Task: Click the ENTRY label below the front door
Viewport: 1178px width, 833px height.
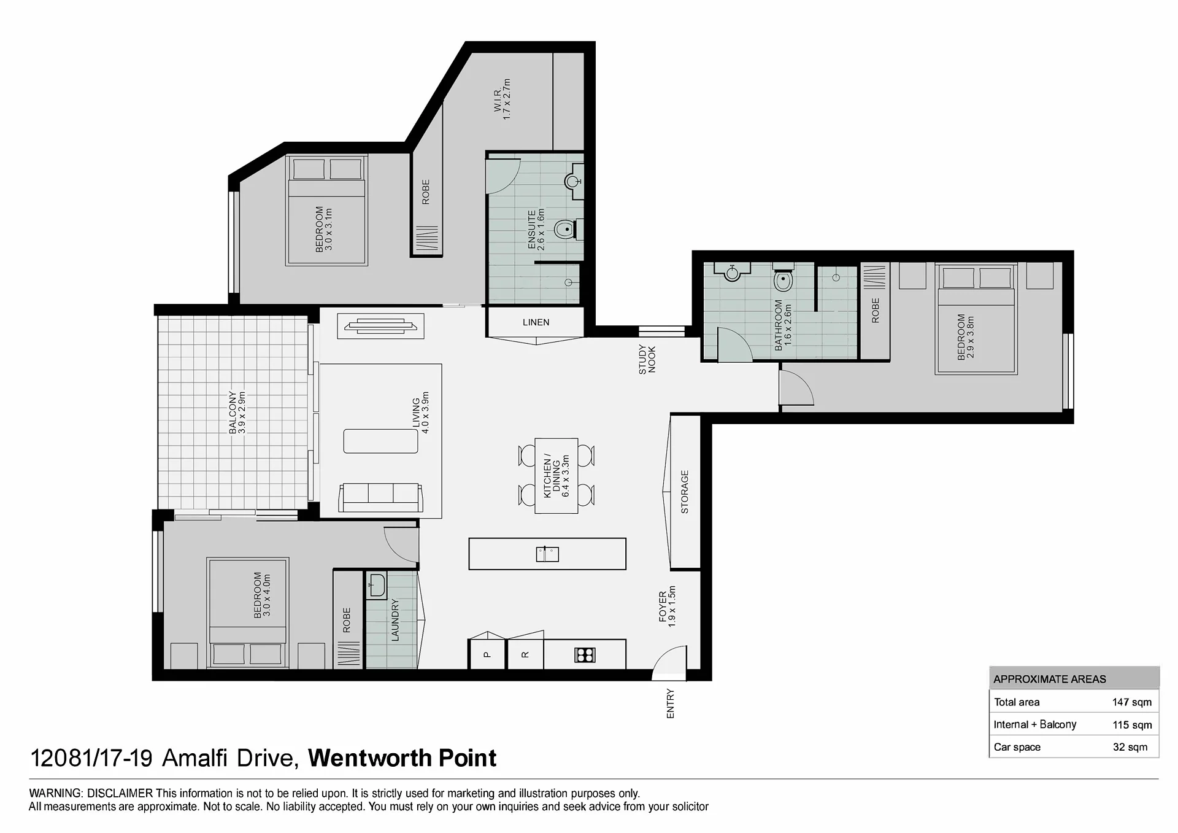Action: click(x=670, y=703)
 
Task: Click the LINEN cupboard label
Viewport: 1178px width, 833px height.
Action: click(x=536, y=322)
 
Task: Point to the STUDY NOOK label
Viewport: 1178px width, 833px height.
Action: click(x=647, y=360)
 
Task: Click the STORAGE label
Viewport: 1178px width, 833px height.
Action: click(x=685, y=492)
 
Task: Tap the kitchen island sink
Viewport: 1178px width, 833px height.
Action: click(x=547, y=554)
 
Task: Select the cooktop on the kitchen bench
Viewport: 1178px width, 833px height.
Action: click(x=585, y=655)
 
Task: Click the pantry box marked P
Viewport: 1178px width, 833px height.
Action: click(x=488, y=654)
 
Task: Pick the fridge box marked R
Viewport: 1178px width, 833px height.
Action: click(x=525, y=654)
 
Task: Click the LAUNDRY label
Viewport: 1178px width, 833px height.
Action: click(x=395, y=621)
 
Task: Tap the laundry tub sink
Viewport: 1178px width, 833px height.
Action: click(x=375, y=585)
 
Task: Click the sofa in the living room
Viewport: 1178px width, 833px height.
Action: click(x=380, y=497)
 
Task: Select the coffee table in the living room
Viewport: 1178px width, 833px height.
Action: click(x=380, y=441)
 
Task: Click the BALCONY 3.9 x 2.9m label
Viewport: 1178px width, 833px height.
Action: click(x=237, y=413)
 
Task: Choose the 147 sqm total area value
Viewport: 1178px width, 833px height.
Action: click(x=1132, y=702)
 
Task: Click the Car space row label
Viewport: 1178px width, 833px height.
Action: click(x=1017, y=747)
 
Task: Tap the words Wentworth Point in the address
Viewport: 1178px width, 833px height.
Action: click(x=402, y=759)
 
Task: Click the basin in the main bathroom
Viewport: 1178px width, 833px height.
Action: click(x=732, y=272)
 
